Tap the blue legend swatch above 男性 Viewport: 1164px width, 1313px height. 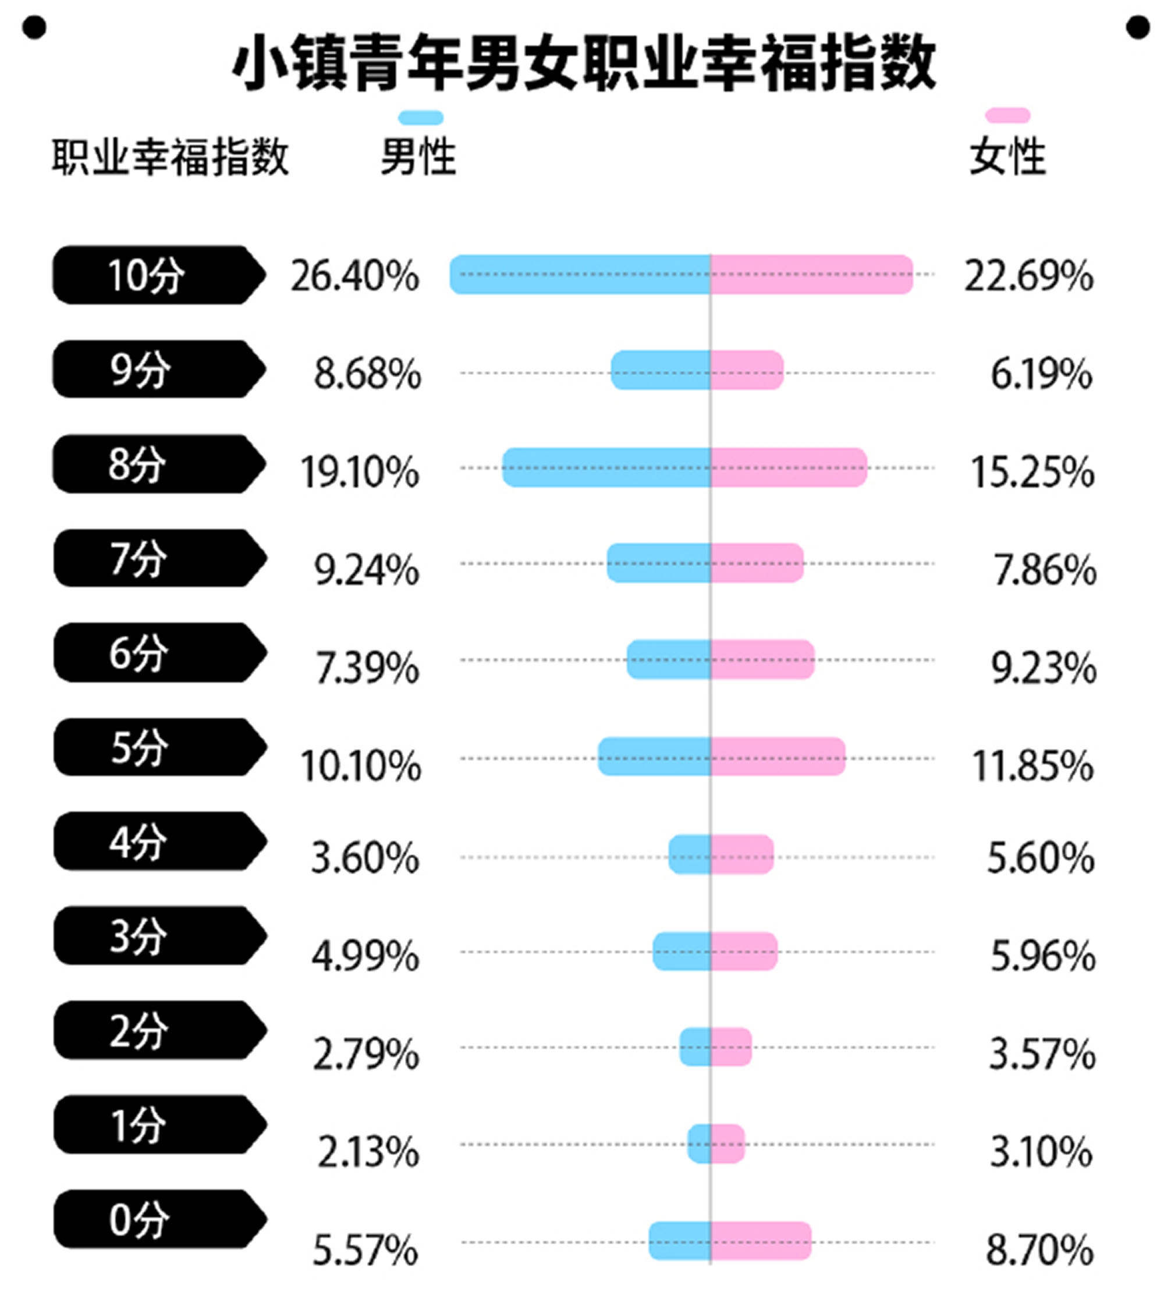point(420,118)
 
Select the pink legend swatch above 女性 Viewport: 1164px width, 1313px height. point(1007,116)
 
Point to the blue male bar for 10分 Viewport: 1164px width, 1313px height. point(580,275)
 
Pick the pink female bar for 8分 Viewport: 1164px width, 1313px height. point(788,468)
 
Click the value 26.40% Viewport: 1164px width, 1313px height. point(354,277)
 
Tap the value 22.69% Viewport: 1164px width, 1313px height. point(1028,277)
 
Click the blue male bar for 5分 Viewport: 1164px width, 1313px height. point(654,757)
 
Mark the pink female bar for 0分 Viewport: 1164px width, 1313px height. point(761,1241)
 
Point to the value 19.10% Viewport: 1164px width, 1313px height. point(360,472)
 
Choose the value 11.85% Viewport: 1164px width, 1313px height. point(1032,766)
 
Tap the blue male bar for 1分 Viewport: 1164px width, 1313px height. point(700,1144)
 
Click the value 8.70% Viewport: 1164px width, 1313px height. point(1039,1250)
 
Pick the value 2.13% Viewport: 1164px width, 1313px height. point(368,1152)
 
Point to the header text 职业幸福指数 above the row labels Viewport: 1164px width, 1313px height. point(170,157)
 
